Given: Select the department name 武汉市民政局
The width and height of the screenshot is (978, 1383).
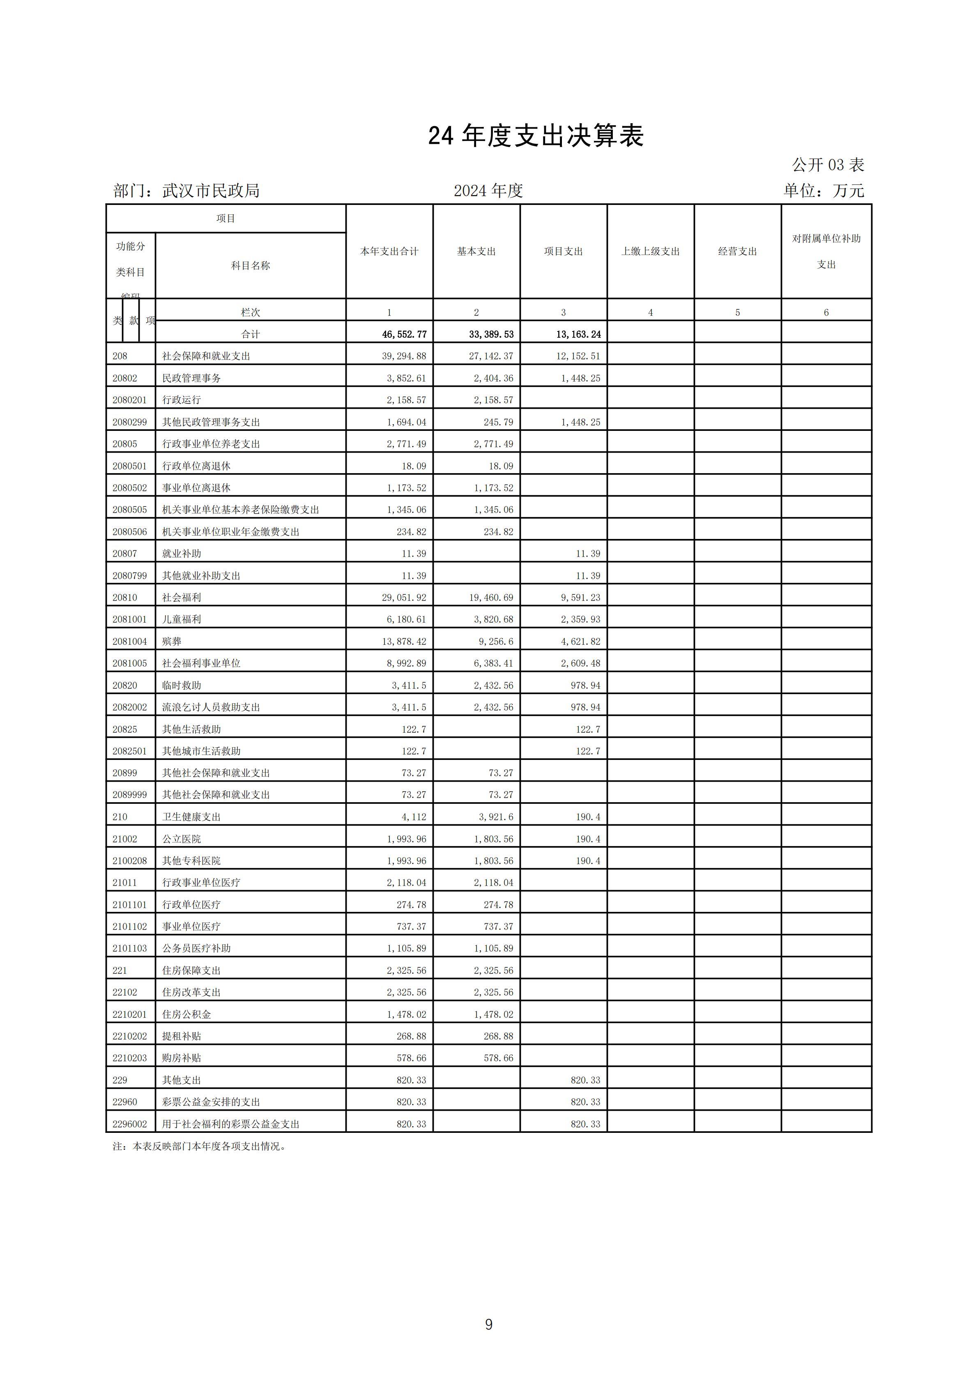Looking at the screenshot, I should [211, 191].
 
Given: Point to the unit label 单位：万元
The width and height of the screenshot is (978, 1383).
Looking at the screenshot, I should [823, 191].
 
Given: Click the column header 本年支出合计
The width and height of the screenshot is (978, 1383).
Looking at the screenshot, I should [389, 251].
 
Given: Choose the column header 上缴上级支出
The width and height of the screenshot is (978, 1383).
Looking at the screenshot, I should [650, 251].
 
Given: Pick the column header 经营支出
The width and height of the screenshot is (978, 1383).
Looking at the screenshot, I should [737, 251].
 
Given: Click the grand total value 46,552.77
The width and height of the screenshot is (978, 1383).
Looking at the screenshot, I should [404, 334].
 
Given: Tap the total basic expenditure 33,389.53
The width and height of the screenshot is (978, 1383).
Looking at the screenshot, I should [491, 334].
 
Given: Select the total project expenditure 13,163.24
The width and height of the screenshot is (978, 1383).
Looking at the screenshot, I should [578, 334].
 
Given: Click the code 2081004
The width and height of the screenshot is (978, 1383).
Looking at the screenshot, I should [129, 642].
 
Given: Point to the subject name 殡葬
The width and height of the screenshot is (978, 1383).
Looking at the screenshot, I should [172, 642].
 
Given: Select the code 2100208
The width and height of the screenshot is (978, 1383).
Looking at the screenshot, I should [129, 861].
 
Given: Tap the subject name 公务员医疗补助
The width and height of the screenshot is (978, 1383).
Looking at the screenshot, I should [196, 948].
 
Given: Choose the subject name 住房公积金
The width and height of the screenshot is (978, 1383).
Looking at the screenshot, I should [187, 1015].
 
